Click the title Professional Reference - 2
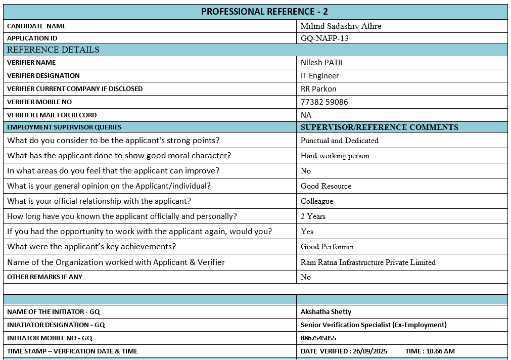[x=264, y=12]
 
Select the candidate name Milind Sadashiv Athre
[x=341, y=26]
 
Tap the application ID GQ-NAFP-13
[x=324, y=38]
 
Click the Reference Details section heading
[x=53, y=50]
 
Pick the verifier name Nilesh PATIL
[x=322, y=63]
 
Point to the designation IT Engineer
[x=319, y=76]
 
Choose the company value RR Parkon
[x=318, y=89]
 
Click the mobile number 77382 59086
[x=324, y=102]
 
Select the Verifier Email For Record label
[x=52, y=115]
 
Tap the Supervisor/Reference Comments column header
[x=379, y=127]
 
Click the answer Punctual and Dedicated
[x=339, y=141]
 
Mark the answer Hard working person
[x=335, y=156]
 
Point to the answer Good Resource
[x=326, y=186]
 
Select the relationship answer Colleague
[x=316, y=201]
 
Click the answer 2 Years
[x=313, y=216]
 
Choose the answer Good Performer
[x=327, y=247]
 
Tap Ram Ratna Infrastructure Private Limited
[x=367, y=262]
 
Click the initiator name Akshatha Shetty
[x=326, y=312]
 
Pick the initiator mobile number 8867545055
[x=318, y=338]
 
